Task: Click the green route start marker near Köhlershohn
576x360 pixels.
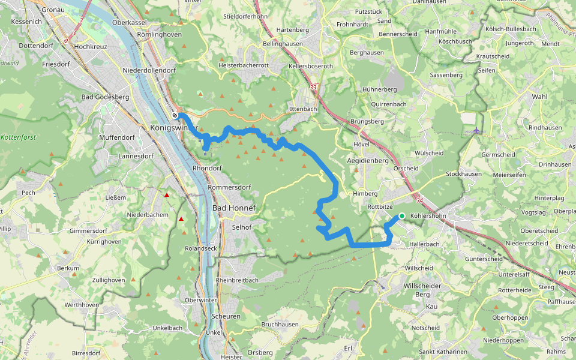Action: coord(401,216)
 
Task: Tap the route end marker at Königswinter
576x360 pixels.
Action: coord(175,115)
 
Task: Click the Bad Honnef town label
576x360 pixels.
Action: coord(234,208)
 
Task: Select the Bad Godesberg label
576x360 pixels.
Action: coord(105,97)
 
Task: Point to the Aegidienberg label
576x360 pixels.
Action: coord(368,161)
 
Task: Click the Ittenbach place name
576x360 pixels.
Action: coord(303,109)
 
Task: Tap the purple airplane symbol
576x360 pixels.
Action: coord(476,130)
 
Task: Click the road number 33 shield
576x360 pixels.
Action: coord(313,87)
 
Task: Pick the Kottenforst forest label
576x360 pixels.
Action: coord(19,137)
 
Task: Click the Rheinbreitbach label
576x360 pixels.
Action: coord(240,280)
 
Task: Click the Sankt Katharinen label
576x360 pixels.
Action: coord(443,352)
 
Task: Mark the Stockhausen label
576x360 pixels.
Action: coord(464,174)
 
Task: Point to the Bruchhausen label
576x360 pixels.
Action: coord(280,324)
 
